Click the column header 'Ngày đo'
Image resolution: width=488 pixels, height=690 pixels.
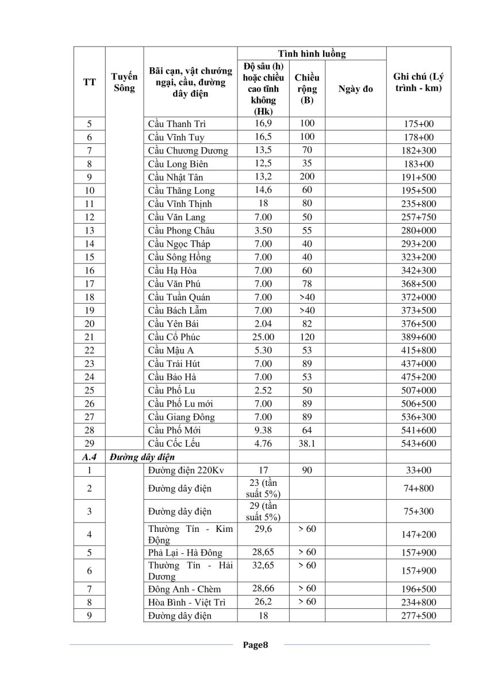pos(356,89)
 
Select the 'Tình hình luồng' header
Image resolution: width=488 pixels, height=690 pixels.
pos(312,53)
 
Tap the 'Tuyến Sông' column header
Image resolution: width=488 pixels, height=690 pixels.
pos(124,82)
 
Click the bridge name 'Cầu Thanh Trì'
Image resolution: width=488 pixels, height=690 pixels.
pos(176,124)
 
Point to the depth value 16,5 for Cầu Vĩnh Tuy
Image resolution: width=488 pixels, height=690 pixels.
pos(263,137)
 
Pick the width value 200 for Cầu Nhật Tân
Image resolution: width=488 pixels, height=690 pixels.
pos(308,177)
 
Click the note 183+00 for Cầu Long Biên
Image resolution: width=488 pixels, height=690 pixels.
pos(418,164)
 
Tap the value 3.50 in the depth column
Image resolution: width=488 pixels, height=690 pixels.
pos(263,231)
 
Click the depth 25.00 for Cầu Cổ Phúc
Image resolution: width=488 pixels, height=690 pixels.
pos(263,337)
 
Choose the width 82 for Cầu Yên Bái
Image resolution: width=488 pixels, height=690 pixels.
pos(308,324)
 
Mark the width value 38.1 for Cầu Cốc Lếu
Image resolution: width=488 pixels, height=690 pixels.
pos(308,443)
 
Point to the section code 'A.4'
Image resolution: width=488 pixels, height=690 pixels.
pos(89,457)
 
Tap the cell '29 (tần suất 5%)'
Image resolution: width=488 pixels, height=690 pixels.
pos(263,511)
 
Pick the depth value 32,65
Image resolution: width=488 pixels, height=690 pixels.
pos(263,566)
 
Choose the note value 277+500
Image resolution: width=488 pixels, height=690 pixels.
pos(418,616)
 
